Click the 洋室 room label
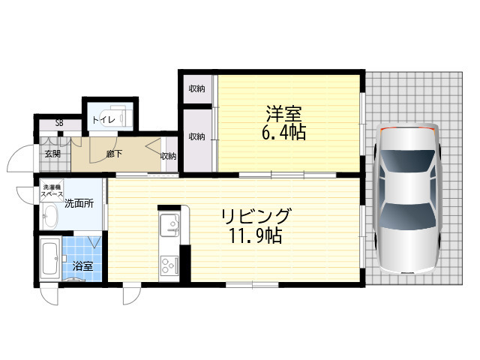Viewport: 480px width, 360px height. click(283, 113)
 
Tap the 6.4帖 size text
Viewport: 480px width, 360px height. click(283, 132)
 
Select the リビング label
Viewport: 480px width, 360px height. click(256, 216)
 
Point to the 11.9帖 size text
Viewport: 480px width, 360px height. click(256, 235)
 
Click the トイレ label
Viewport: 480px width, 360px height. click(103, 120)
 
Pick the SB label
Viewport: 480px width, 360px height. click(59, 123)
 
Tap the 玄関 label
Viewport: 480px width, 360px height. click(52, 154)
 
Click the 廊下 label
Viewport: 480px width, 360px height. click(114, 154)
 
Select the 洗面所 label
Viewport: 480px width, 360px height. click(79, 203)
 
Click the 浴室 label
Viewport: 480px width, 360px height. click(82, 266)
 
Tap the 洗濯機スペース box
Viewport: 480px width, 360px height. click(52, 190)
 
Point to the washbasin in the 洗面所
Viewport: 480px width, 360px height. click(49, 216)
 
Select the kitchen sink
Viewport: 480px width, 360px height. click(169, 225)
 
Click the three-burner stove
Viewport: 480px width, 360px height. click(169, 265)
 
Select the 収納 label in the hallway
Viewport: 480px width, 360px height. click(168, 156)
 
